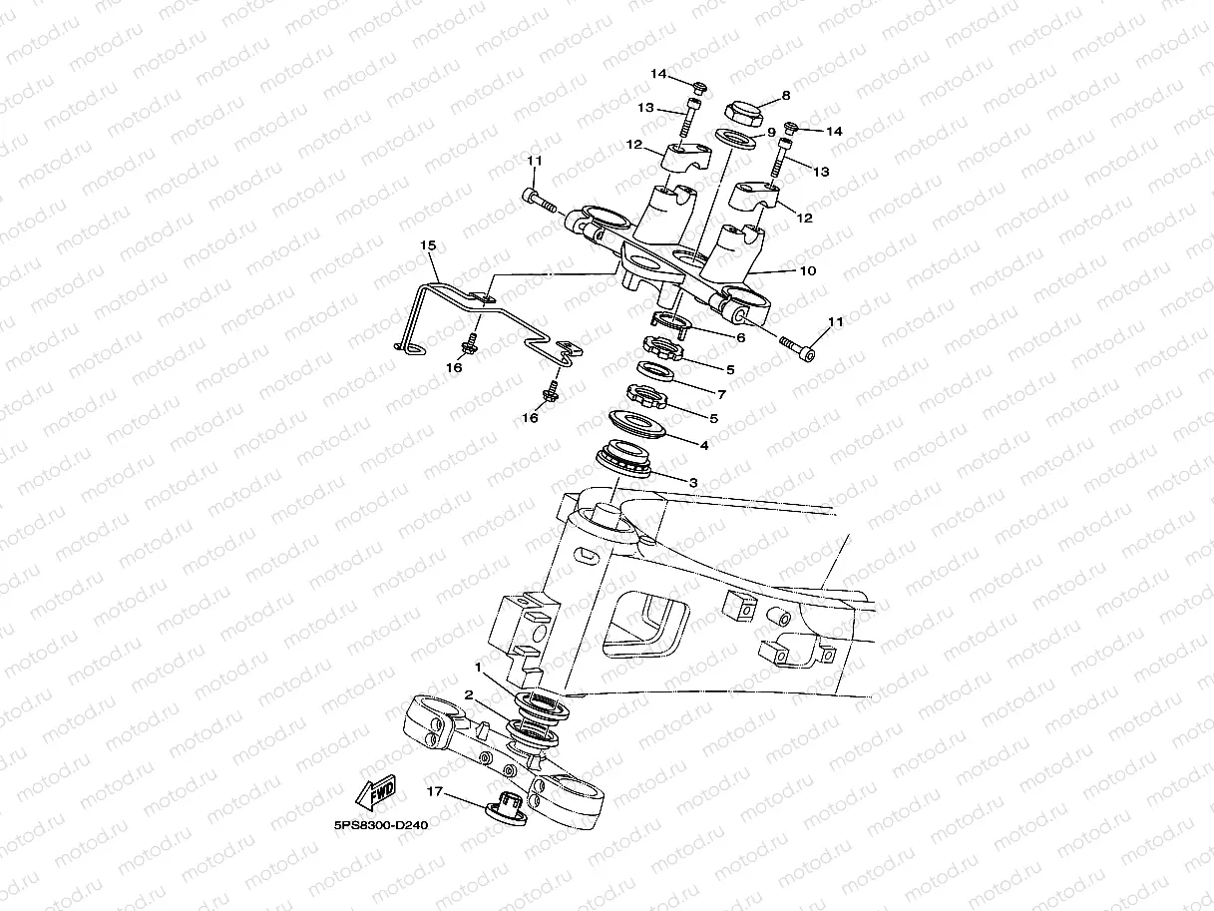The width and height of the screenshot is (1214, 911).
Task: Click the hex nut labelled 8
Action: click(744, 114)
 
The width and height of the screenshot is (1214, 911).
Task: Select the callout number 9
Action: click(771, 133)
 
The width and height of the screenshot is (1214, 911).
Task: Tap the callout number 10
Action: click(808, 270)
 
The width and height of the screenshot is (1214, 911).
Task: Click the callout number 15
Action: click(428, 245)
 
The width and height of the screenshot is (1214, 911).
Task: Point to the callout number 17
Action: click(435, 791)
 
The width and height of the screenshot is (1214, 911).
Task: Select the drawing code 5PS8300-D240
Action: click(380, 825)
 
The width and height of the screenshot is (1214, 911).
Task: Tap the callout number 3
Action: click(693, 482)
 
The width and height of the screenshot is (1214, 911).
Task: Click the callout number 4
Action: click(704, 445)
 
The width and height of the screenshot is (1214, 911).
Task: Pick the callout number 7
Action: click(721, 394)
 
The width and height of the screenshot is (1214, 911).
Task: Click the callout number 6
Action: click(741, 337)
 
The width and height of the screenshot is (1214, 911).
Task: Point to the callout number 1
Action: click(479, 669)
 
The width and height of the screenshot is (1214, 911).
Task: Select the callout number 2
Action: click(469, 695)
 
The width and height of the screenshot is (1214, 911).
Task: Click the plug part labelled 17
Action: click(506, 808)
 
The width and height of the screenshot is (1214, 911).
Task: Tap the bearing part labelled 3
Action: click(623, 458)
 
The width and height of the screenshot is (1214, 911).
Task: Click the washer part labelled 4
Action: click(636, 424)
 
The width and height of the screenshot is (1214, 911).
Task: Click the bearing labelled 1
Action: click(542, 705)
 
